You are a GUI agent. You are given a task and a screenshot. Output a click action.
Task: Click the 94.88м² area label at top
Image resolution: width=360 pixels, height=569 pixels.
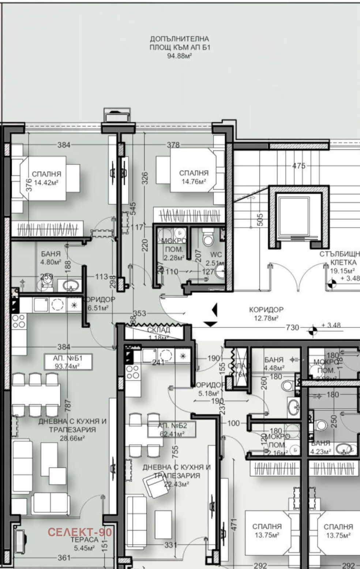pyautogui.click(x=180, y=56)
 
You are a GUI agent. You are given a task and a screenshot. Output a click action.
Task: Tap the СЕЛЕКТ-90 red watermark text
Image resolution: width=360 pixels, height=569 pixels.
pyautogui.click(x=79, y=531)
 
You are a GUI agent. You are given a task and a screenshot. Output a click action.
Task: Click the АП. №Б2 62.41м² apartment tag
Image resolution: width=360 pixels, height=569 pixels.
pyautogui.click(x=172, y=430)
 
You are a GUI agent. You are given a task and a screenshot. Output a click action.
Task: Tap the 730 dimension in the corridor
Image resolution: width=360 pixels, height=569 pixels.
pyautogui.click(x=292, y=328)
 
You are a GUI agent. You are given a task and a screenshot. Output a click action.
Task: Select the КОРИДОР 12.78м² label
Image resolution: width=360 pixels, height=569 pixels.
pyautogui.click(x=266, y=313)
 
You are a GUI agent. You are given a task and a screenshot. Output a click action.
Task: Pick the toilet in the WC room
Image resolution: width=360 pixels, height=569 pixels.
pyautogui.click(x=208, y=238)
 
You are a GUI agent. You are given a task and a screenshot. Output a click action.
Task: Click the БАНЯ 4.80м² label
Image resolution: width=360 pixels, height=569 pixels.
pyautogui.click(x=51, y=257)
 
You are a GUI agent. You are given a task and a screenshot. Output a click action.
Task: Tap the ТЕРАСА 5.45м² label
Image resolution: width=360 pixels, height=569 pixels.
pyautogui.click(x=85, y=544)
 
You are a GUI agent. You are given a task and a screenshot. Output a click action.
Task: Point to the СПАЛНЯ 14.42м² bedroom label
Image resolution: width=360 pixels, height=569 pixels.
pyautogui.click(x=46, y=178)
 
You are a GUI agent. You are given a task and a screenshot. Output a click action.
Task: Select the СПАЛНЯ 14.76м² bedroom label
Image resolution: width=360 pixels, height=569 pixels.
pyautogui.click(x=194, y=177)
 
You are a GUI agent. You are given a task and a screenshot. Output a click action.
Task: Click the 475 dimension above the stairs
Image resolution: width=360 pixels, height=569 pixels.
pyautogui.click(x=299, y=166)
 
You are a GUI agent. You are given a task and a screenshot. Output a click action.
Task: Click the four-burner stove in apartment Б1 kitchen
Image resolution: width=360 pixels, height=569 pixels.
pyautogui.click(x=18, y=321)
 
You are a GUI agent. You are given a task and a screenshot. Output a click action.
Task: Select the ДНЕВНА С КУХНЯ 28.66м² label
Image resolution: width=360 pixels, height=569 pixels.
pyautogui.click(x=72, y=430)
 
